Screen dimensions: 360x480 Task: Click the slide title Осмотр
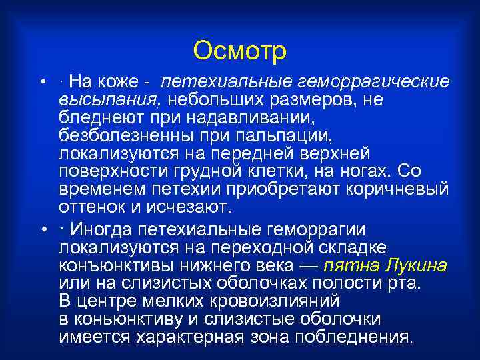pos(239,50)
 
